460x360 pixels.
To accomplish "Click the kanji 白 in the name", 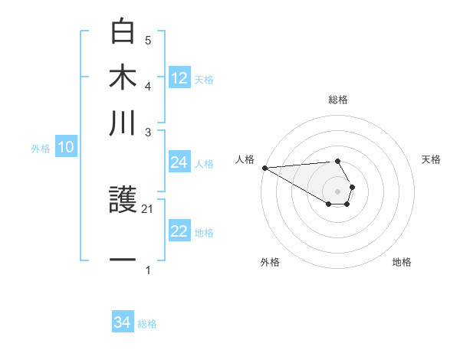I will [123, 33].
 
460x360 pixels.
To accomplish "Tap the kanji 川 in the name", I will [123, 122].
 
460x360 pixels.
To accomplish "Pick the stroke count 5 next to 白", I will [148, 40].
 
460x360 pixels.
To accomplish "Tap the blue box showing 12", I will [179, 77].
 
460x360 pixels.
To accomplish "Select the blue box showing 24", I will [179, 162].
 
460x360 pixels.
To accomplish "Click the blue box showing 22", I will [179, 231].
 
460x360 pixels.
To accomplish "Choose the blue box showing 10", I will [66, 148].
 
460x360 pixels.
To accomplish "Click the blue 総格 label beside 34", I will [147, 324].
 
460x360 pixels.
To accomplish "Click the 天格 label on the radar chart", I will [431, 159].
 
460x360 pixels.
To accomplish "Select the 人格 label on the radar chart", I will [245, 159].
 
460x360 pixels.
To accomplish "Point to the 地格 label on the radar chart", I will [402, 262].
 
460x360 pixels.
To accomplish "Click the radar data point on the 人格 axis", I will [264, 168].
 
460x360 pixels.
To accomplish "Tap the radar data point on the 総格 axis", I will [337, 161].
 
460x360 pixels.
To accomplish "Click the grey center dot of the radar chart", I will [337, 191].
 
